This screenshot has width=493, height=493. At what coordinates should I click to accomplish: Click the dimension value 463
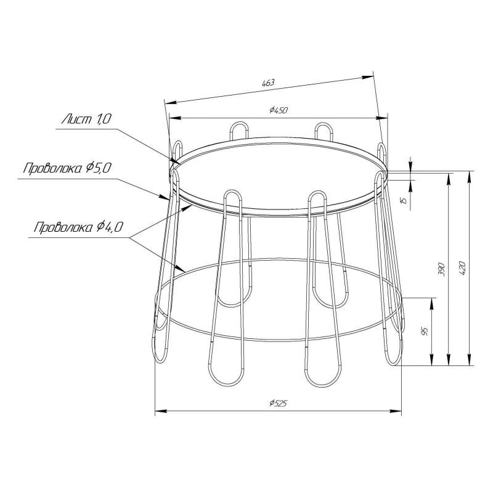point(268,83)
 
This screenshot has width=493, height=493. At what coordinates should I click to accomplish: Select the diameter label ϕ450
point(279,110)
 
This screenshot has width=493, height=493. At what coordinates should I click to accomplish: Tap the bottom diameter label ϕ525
point(279,403)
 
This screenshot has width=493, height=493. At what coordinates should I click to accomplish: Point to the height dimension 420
point(462,269)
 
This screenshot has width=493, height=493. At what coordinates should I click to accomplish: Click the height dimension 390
point(442,269)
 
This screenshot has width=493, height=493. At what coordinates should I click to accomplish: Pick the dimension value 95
point(425,332)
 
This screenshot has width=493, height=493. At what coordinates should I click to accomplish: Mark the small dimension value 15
point(404,199)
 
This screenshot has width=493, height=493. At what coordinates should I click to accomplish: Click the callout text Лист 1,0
point(86,119)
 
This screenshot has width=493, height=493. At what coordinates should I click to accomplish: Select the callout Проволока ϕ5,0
point(67,168)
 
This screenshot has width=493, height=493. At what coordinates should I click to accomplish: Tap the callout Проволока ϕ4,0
point(78,227)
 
